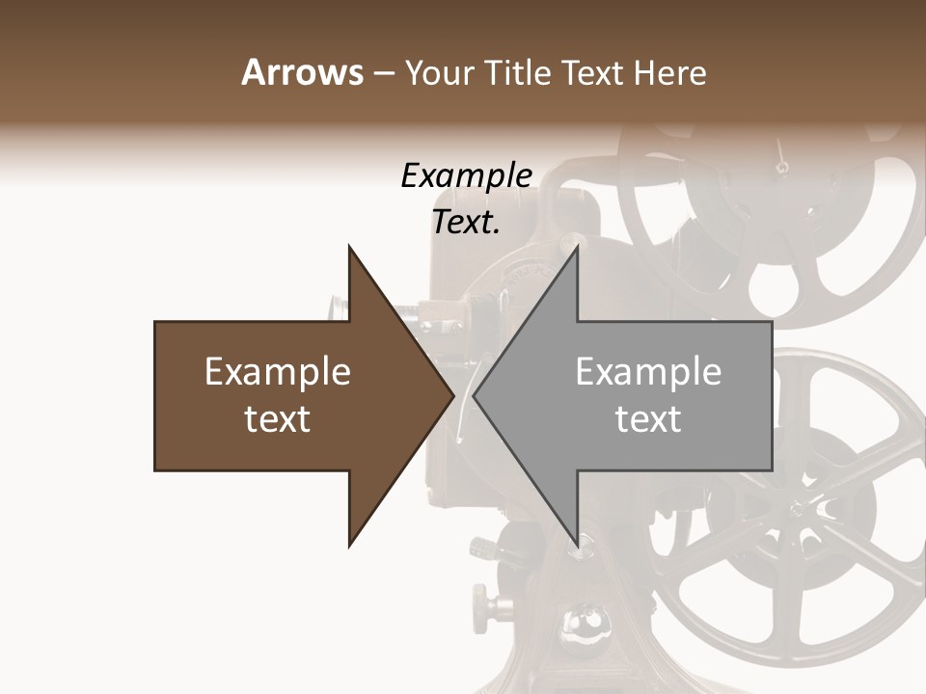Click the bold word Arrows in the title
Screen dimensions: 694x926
point(302,72)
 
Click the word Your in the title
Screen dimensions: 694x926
point(440,72)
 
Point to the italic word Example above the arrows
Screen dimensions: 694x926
point(466,175)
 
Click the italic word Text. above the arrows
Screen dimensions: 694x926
point(466,222)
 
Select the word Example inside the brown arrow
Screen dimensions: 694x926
point(278,372)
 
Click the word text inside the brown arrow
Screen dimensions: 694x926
point(278,419)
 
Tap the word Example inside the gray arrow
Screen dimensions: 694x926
point(648,372)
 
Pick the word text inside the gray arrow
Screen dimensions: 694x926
point(648,419)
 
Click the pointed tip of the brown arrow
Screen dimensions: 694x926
point(452,396)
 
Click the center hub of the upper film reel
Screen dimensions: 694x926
point(781,169)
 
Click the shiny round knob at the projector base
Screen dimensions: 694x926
point(581,622)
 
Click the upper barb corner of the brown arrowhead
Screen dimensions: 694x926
point(349,247)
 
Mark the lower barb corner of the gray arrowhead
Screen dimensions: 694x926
point(578,546)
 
